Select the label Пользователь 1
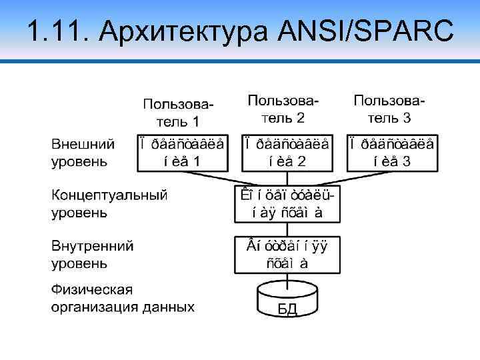point(179,113)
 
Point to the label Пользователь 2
point(283,109)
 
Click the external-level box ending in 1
point(181,153)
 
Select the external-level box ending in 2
point(287,153)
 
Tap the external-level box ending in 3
point(393,153)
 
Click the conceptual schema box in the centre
point(287,205)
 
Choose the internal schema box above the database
point(287,254)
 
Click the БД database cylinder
point(287,300)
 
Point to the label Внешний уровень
point(83,153)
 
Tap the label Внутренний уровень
point(93,254)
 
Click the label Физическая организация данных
point(123,299)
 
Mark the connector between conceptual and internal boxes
point(287,229)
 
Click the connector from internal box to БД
point(287,279)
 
